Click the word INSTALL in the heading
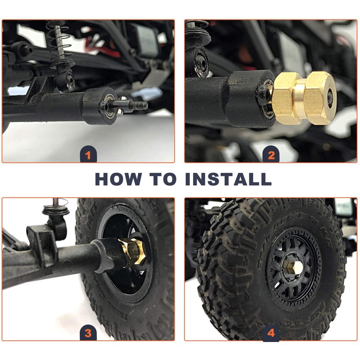coord(229,179)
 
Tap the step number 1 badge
coord(88,154)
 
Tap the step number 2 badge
coord(271,154)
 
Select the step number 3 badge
coord(88,332)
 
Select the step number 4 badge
coord(271,332)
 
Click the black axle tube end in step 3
coord(110,255)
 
